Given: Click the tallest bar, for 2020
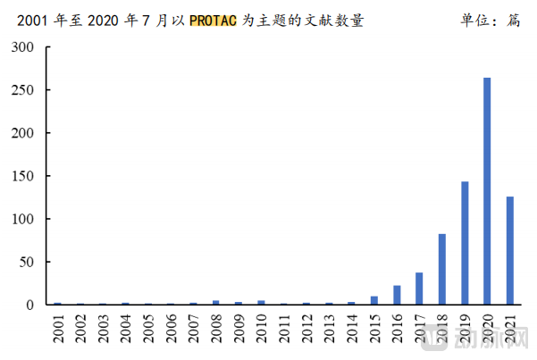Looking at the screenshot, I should [487, 191].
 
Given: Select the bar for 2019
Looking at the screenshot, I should [465, 243].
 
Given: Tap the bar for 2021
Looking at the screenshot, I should [510, 251].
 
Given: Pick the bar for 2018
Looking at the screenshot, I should [442, 269].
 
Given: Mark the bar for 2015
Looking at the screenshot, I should [374, 300].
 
